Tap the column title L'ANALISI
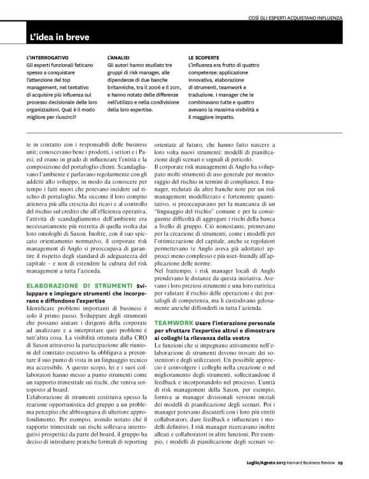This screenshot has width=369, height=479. [x=120, y=57]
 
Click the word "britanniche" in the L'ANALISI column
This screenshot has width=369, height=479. [x=123, y=83]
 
